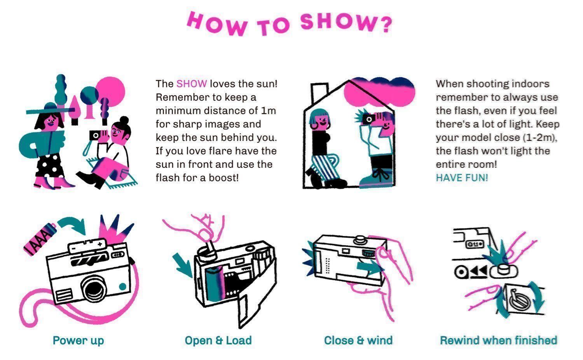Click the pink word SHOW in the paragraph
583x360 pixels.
192,84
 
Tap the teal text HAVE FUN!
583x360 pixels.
462,178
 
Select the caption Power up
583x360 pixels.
78,341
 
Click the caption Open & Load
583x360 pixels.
218,341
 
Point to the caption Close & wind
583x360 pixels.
358,341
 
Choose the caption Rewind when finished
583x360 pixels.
498,341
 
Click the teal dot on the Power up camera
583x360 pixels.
122,286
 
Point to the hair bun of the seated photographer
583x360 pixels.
124,120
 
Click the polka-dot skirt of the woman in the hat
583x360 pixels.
49,166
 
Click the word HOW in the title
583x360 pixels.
217,23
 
